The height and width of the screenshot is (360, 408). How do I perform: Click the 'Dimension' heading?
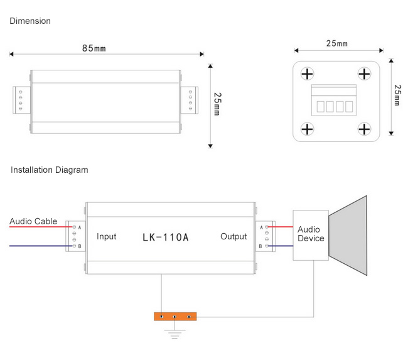[30, 21]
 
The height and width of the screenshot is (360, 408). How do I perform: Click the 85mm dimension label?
[94, 48]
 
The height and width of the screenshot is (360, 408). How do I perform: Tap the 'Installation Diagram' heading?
[50, 170]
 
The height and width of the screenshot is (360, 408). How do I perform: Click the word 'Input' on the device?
[107, 237]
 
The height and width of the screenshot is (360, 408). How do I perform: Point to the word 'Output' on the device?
[234, 237]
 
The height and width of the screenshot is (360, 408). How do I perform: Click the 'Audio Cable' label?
[33, 221]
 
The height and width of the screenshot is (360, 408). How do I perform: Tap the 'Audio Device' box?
[311, 234]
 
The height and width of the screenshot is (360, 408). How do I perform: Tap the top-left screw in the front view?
[307, 74]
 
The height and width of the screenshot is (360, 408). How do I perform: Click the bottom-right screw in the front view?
[365, 129]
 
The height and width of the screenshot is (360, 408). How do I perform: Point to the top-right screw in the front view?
[365, 74]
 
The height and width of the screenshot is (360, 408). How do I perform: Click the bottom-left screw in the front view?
[307, 129]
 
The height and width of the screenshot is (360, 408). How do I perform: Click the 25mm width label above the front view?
[336, 44]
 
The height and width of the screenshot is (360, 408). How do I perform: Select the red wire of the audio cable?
[38, 227]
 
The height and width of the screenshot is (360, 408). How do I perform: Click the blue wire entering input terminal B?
[38, 246]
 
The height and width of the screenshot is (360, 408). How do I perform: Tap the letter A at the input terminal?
[80, 227]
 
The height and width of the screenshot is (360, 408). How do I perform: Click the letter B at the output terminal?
[260, 246]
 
